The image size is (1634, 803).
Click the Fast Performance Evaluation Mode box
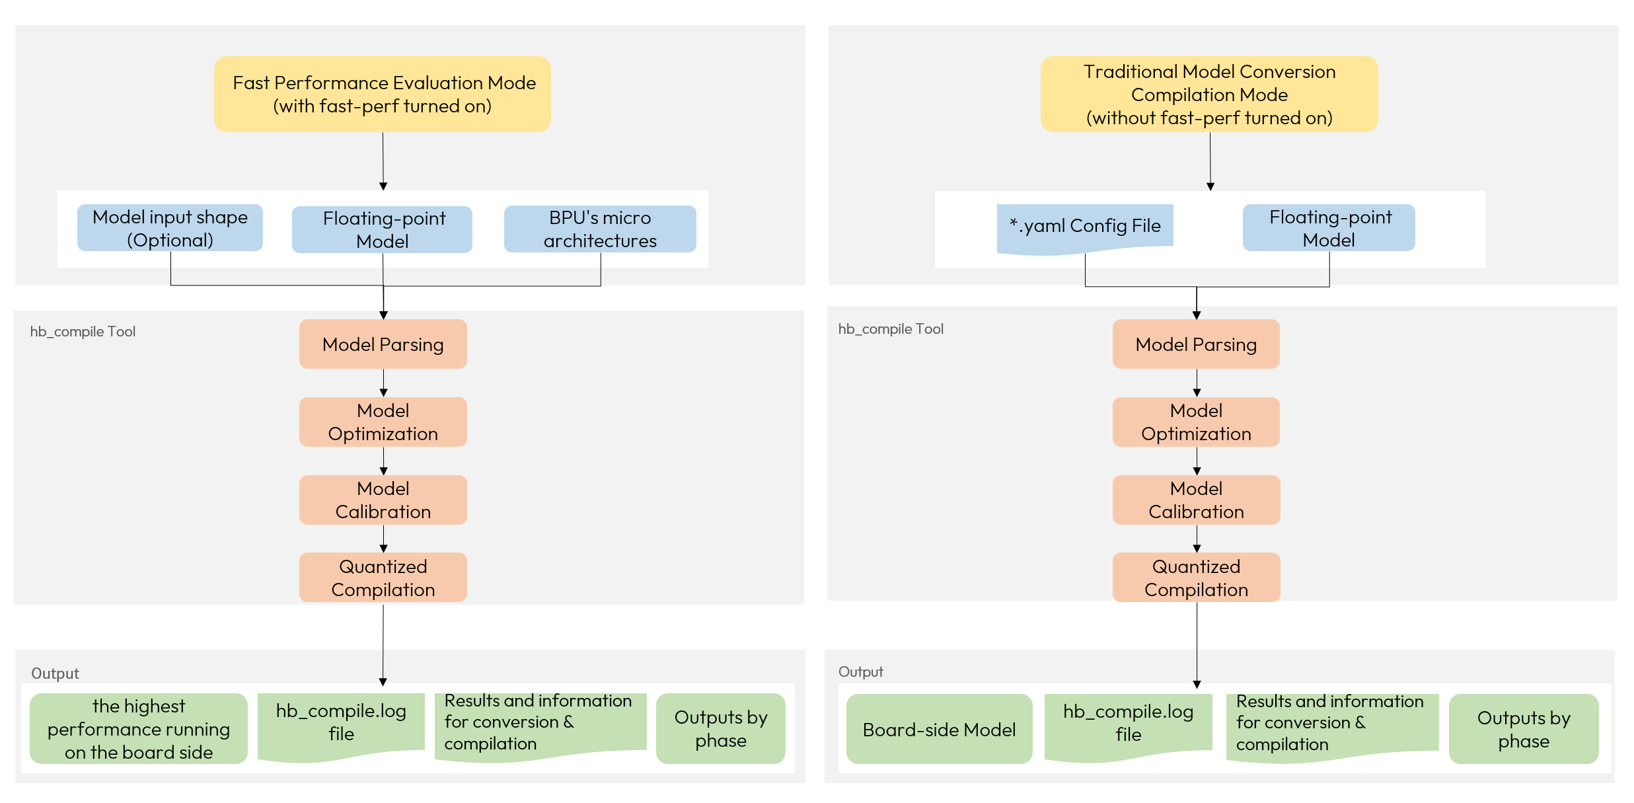(x=383, y=94)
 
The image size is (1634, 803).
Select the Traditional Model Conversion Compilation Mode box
(x=1209, y=94)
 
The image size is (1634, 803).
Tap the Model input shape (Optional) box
(x=170, y=228)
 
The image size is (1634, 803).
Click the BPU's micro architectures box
(x=600, y=229)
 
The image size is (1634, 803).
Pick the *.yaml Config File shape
(x=1085, y=227)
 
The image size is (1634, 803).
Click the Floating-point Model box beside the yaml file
(x=1329, y=228)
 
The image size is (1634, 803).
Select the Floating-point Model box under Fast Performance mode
(x=383, y=229)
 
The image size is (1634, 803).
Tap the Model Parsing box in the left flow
(x=383, y=344)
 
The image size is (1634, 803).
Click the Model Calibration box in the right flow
(x=1196, y=500)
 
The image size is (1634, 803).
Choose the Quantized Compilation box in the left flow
(x=383, y=578)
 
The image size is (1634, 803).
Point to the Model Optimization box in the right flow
(x=1196, y=422)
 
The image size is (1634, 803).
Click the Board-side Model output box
(x=939, y=729)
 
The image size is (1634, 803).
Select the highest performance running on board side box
(x=139, y=728)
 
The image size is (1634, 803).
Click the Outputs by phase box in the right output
(x=1523, y=729)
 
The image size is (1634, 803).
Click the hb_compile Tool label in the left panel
(x=83, y=331)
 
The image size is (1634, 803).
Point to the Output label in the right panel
(x=860, y=671)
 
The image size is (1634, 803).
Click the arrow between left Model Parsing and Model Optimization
(x=383, y=383)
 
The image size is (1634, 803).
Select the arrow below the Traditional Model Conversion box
(x=1210, y=161)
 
